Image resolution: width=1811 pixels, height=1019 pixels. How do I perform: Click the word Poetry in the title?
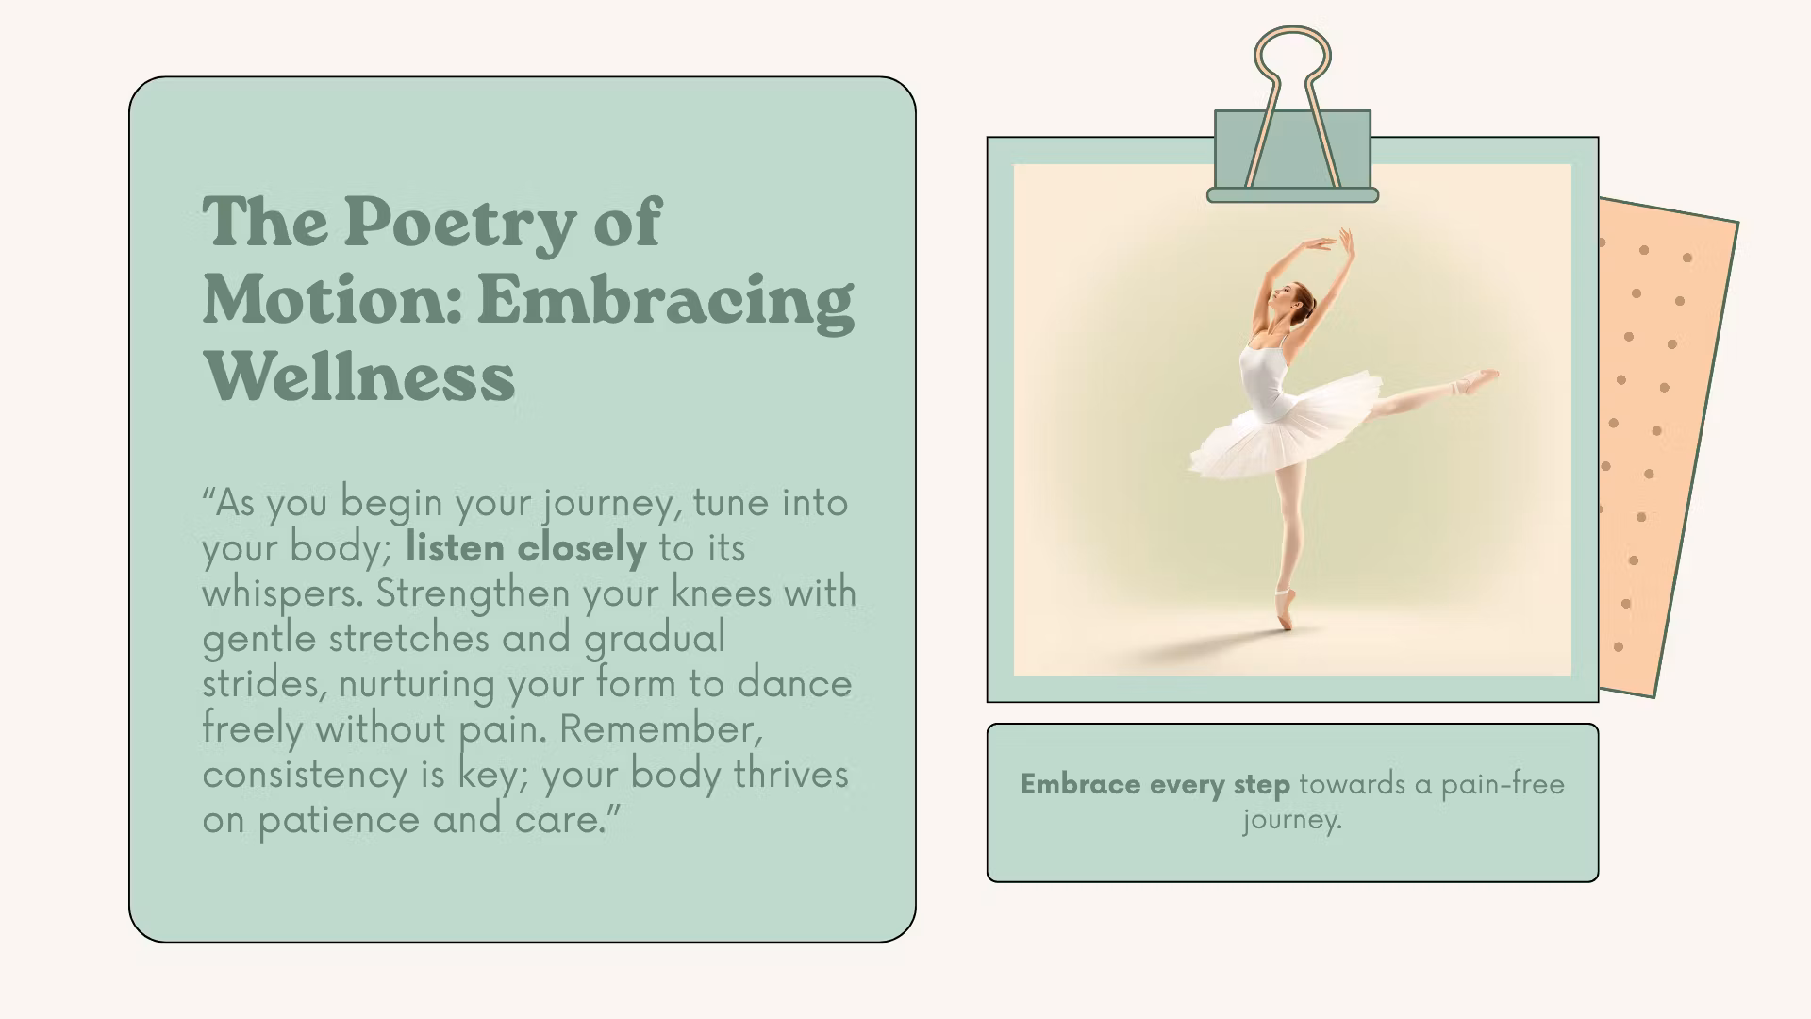pos(458,225)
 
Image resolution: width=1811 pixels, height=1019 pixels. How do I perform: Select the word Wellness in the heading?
pos(359,376)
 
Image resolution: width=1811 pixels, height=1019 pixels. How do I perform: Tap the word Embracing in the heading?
pos(666,302)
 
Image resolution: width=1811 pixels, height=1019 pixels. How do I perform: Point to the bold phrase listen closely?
pos(526,547)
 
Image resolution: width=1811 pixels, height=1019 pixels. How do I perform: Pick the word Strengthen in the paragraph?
pos(474,594)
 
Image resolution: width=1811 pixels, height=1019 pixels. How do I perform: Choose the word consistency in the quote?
pos(306,775)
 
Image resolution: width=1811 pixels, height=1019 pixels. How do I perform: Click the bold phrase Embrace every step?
pos(1155,784)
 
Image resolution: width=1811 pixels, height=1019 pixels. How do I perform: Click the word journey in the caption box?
pos(1292,819)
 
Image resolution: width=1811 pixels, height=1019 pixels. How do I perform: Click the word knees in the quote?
pos(722,593)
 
